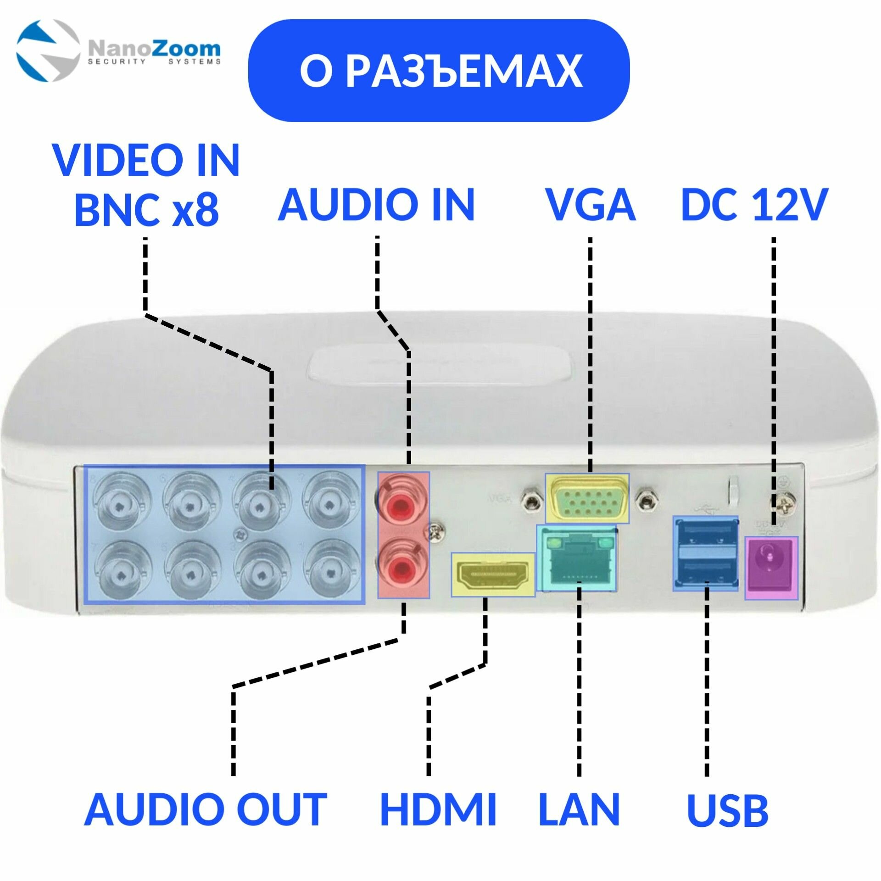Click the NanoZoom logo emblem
[48, 50]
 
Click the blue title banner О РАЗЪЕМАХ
[439, 71]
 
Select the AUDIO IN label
[376, 205]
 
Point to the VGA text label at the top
[590, 205]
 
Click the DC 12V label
[754, 205]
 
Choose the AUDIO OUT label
[206, 809]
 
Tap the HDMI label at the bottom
[439, 809]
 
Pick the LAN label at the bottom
[579, 809]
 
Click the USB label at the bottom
[728, 809]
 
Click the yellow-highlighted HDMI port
[493, 575]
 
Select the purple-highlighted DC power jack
[771, 568]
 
